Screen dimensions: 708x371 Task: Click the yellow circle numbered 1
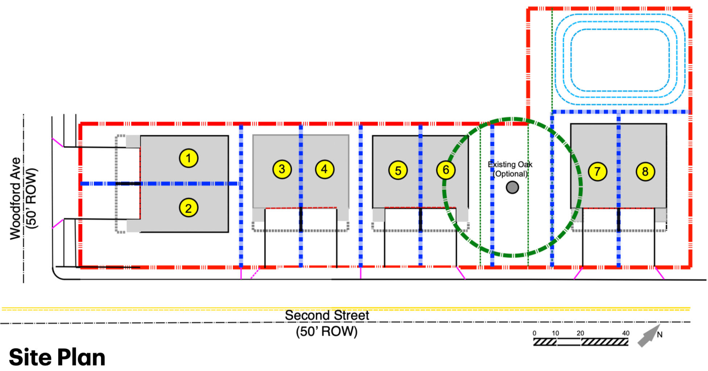(188, 158)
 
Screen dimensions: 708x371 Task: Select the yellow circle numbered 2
(188, 208)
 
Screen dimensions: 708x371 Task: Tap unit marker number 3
(282, 169)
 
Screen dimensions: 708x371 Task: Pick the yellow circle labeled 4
(324, 169)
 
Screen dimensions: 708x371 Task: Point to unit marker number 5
(398, 170)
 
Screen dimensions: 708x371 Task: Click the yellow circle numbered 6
(446, 170)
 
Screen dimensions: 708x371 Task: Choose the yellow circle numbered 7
(597, 171)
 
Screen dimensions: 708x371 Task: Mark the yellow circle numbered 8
(645, 171)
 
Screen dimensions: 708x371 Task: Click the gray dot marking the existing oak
(512, 187)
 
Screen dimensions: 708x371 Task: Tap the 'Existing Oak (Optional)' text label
(510, 169)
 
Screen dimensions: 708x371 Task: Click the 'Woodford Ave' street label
(15, 198)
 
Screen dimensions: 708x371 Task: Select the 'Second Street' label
(327, 315)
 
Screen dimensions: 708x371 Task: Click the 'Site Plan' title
(57, 357)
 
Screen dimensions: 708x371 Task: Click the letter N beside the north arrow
(659, 335)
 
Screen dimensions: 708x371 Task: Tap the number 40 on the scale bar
(626, 333)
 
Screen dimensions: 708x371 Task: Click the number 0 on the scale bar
(534, 333)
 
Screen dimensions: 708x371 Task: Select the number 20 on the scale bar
(580, 333)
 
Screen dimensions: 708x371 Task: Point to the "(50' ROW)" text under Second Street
(327, 331)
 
